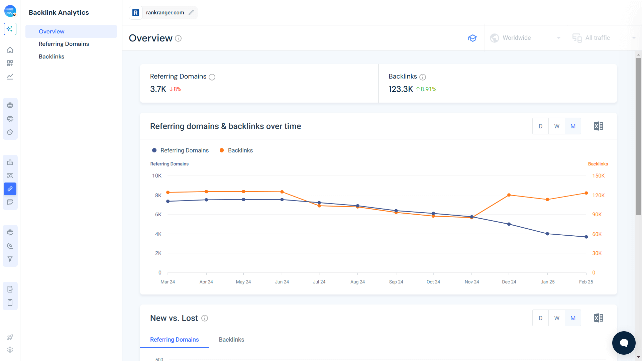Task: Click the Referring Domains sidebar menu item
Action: coord(64,44)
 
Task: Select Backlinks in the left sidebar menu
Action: coord(51,56)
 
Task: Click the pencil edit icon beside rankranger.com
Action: coord(191,12)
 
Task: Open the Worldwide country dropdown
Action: coord(525,38)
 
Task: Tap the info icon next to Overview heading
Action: coord(178,38)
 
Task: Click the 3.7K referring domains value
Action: coord(158,89)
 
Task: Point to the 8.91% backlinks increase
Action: coord(426,89)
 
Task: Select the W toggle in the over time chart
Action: coord(557,126)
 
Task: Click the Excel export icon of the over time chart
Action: coord(598,126)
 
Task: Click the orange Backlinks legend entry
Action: coord(236,150)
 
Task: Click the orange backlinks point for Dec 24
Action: coord(509,195)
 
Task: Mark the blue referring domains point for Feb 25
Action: coord(586,237)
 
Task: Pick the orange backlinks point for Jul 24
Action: coord(319,206)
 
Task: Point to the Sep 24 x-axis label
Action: coord(396,282)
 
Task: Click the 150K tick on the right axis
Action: coord(598,176)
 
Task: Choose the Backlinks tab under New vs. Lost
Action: coord(231,340)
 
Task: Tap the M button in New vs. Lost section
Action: coord(573,318)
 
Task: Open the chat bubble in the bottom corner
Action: coord(624,343)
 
